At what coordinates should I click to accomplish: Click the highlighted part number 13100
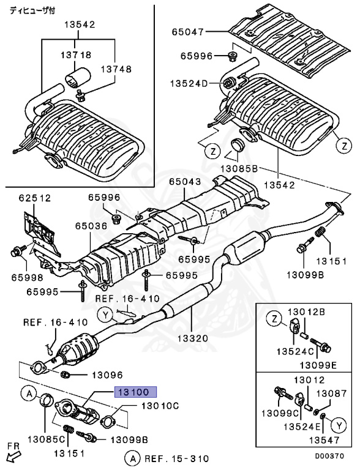pos(135,392)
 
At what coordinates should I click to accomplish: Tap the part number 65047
pos(188,32)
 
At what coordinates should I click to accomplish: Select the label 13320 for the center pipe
pos(193,338)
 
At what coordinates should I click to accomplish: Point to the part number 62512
pos(35,198)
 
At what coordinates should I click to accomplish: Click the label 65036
pos(91,226)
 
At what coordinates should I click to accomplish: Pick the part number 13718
pos(76,55)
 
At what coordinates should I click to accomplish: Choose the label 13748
pos(116,69)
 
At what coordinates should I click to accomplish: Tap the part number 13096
pos(107,375)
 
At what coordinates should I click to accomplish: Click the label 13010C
pos(160,406)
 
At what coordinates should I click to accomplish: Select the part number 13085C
pos(47,439)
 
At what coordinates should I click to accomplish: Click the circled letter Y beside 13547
pos(339,425)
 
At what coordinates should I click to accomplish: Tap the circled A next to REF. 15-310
pos(133,458)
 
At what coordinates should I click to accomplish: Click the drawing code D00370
pos(329,456)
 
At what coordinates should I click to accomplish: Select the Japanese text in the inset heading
pos(32,11)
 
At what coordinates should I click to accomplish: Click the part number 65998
pos(28,278)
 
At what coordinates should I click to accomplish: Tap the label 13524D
pos(189,83)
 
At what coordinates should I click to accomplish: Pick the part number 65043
pos(185,182)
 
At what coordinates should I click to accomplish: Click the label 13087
pos(331,393)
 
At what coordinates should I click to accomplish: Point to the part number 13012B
pos(307,312)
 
